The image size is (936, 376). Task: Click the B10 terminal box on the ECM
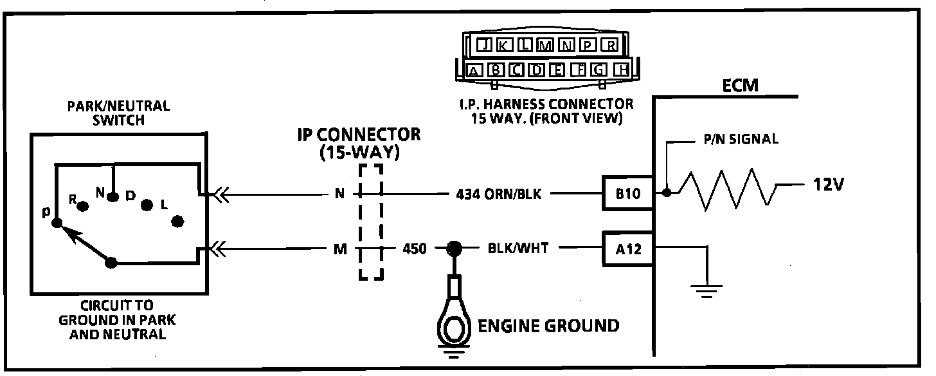point(627,193)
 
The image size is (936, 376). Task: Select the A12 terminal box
point(627,249)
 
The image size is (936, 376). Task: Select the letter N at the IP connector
point(339,193)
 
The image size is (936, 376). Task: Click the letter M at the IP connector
point(339,249)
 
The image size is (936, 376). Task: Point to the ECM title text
point(740,86)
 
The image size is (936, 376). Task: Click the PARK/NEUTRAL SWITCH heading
point(118,113)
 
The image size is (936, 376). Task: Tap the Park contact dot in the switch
point(57,223)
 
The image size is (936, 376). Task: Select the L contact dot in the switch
point(177,221)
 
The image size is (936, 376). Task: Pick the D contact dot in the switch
point(147,205)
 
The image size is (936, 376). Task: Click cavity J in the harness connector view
point(486,45)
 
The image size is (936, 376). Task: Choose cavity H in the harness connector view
point(621,70)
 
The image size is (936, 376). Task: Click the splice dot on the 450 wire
point(455,248)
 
